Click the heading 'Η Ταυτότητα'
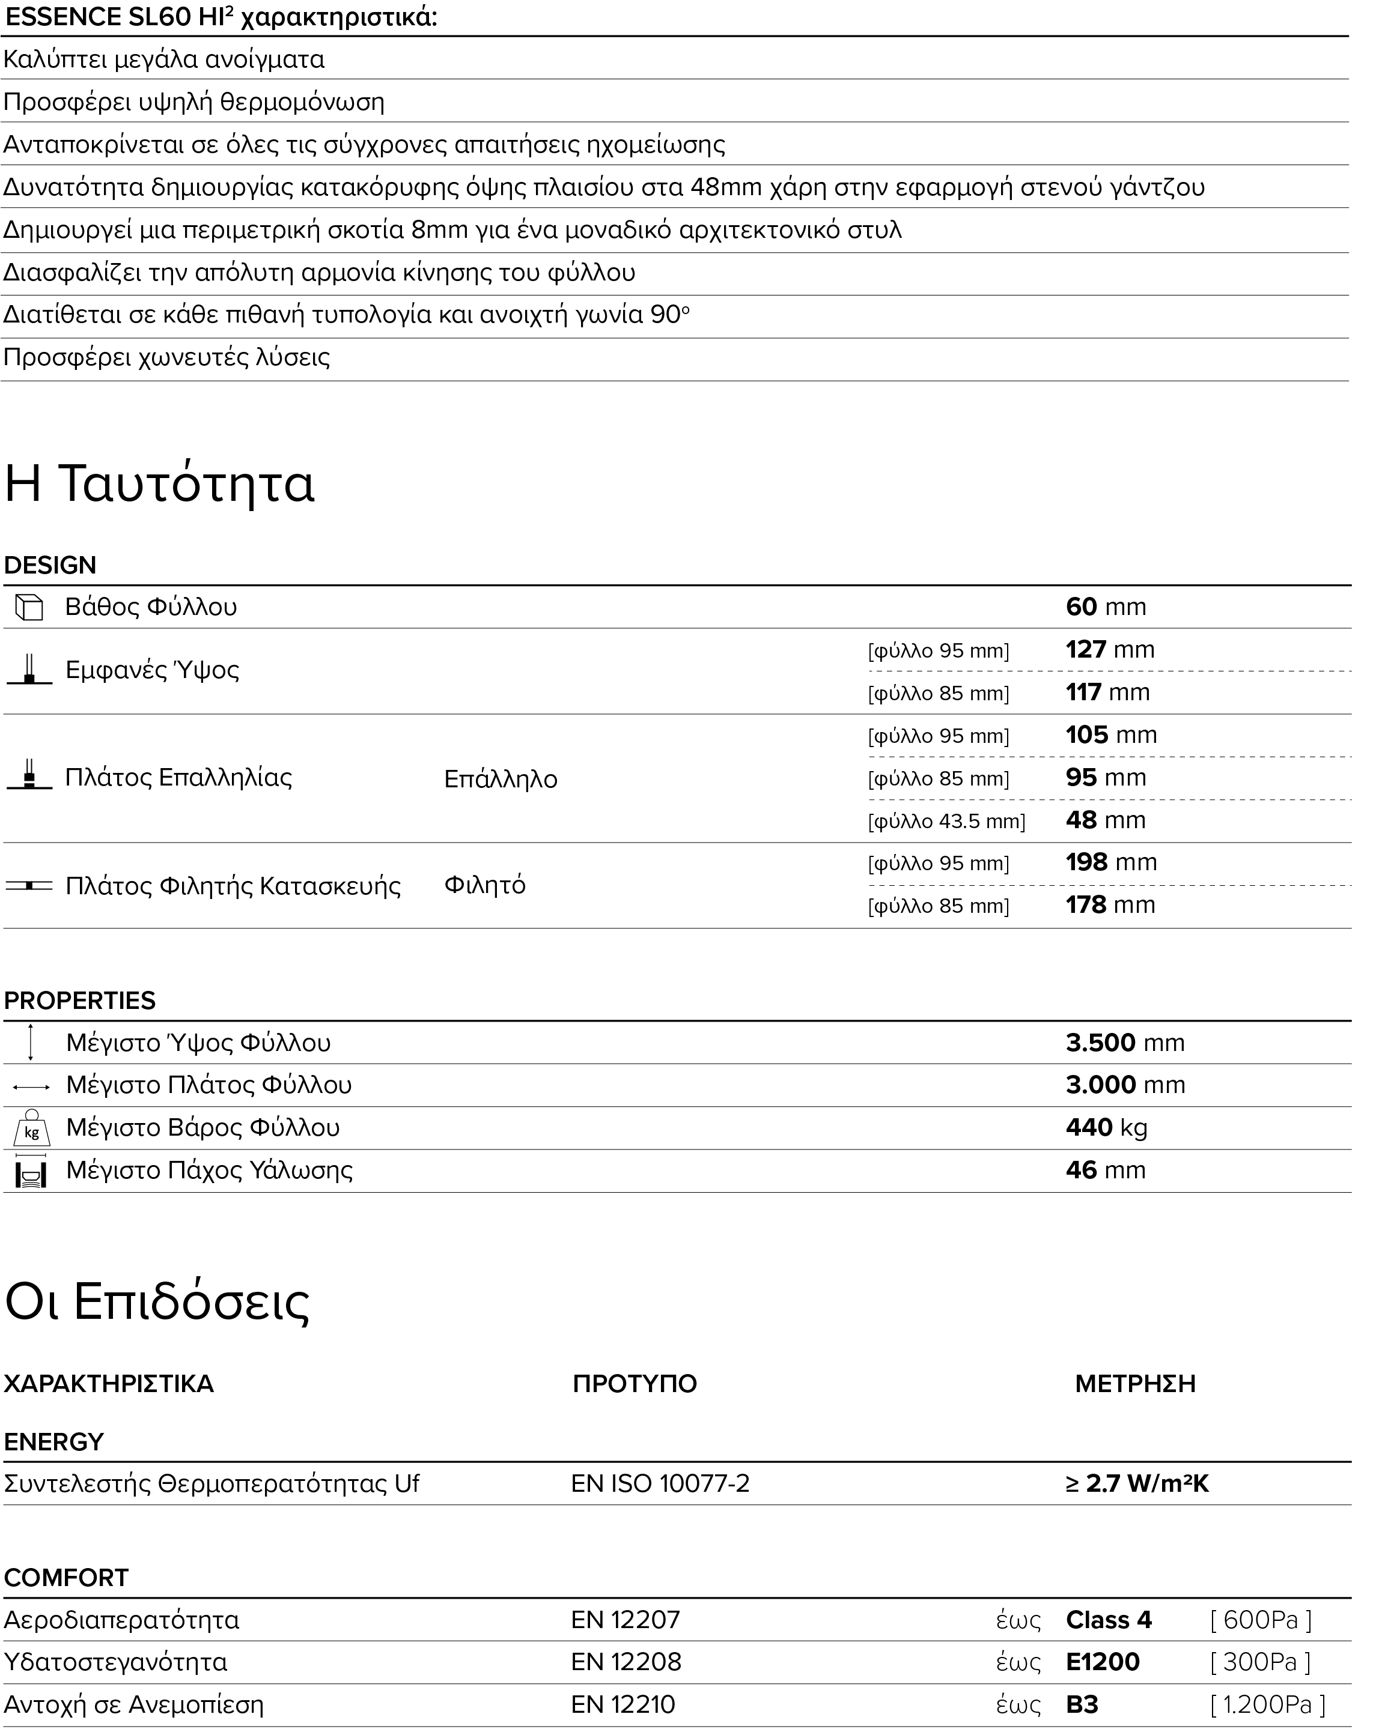(159, 483)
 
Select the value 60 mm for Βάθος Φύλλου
(1106, 607)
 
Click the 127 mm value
(1110, 649)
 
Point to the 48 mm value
(1105, 820)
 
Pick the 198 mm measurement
(1110, 863)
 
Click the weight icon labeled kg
(31, 1128)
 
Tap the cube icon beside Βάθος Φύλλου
(29, 607)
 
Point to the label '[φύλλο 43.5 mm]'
(946, 822)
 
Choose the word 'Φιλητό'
(484, 885)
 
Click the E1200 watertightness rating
(1102, 1662)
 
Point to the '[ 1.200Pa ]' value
(1267, 1705)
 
